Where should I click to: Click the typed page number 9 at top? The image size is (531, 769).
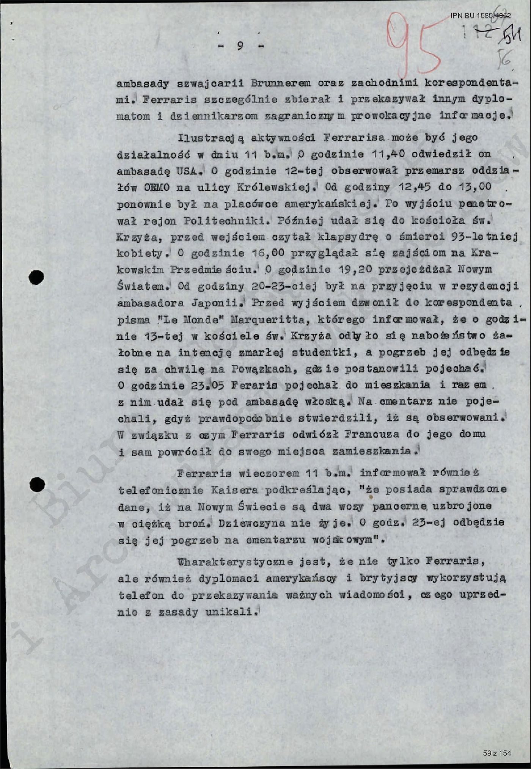pyautogui.click(x=240, y=46)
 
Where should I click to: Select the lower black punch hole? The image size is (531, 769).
pyautogui.click(x=36, y=484)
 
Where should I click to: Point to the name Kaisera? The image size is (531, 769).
pyautogui.click(x=234, y=490)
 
